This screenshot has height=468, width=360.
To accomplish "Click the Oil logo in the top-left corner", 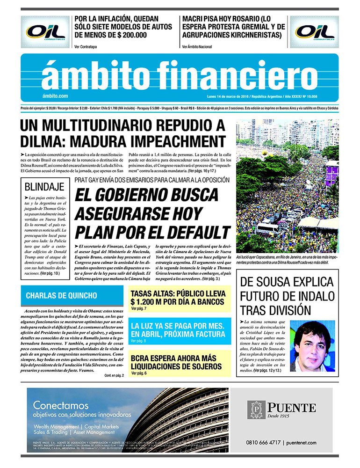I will (45, 32).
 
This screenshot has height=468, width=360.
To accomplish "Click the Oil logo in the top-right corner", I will (314, 32).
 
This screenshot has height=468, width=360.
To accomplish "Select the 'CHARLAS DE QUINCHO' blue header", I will (61, 296).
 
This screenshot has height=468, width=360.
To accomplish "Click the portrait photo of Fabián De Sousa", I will (312, 346).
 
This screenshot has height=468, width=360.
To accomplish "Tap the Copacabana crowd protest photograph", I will (287, 185).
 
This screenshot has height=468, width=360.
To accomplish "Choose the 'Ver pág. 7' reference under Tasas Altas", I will (139, 309).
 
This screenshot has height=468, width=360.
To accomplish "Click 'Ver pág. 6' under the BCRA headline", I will (139, 373).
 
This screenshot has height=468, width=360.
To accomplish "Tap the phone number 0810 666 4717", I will (263, 442).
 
